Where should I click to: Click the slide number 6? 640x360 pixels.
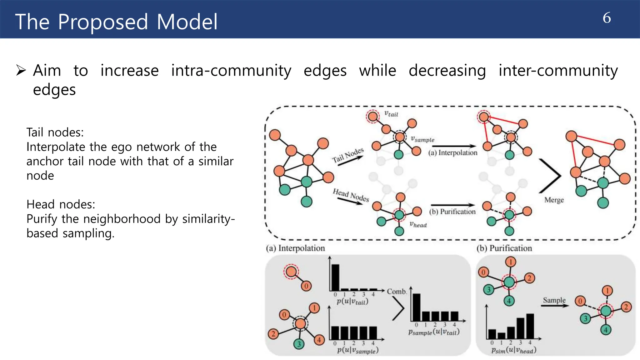[607, 18]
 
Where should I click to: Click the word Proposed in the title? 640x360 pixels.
[103, 22]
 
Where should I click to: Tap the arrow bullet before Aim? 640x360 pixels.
[21, 70]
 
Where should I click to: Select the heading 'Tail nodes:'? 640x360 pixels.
[55, 132]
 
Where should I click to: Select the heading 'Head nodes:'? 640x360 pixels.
[61, 204]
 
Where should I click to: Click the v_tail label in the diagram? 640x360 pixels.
[391, 114]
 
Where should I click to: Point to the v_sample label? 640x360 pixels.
[422, 139]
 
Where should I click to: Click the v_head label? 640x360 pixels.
[418, 224]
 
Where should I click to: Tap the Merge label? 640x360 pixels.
[554, 200]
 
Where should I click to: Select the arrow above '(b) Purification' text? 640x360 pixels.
[452, 205]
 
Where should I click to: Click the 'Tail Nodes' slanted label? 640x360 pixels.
[347, 155]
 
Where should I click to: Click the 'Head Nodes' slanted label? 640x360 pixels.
[351, 195]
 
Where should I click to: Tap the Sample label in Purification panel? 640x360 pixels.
[554, 300]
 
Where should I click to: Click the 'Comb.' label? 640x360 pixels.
[397, 292]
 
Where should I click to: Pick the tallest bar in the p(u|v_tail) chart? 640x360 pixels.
[335, 277]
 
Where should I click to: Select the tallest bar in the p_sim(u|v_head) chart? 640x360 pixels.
[530, 326]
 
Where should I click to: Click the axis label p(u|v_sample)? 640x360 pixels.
[358, 350]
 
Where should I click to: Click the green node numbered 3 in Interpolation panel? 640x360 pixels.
[299, 344]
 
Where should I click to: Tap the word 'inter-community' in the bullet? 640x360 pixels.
[558, 70]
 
